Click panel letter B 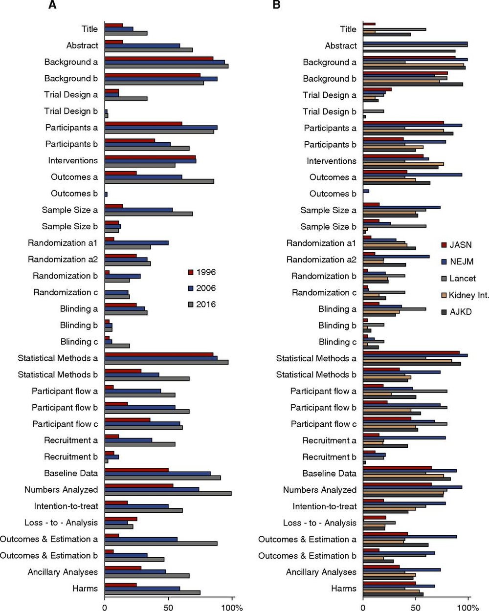tap(276, 5)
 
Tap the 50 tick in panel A tap(169, 608)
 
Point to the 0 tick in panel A tap(105, 608)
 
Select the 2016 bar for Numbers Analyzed tap(168, 494)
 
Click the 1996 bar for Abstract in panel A tap(114, 42)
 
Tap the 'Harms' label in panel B tap(343, 589)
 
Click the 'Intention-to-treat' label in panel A tap(66, 506)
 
